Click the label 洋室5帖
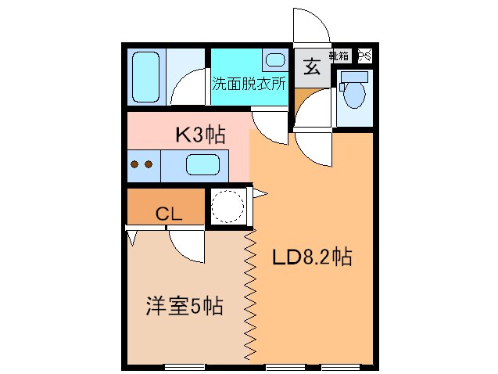(x=185, y=306)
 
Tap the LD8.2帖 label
(x=311, y=257)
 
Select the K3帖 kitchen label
(x=200, y=135)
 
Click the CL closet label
(x=168, y=213)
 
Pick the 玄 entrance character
(x=311, y=68)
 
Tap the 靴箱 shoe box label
(x=339, y=56)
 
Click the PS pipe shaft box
(x=365, y=56)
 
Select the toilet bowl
(x=355, y=95)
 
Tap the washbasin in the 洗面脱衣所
(x=274, y=60)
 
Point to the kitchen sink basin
(x=203, y=165)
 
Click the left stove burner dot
(x=134, y=165)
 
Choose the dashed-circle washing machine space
(x=228, y=207)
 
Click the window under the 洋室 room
(x=185, y=366)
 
